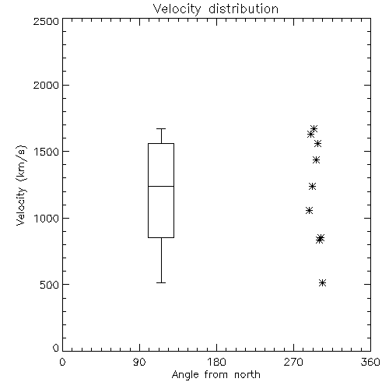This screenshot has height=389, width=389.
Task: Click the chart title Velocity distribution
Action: (x=216, y=9)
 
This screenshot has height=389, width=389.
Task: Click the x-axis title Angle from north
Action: (x=216, y=375)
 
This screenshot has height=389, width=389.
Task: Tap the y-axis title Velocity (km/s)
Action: (x=21, y=185)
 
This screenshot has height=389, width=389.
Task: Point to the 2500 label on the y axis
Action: (x=46, y=21)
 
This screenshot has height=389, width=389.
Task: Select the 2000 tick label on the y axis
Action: (x=46, y=85)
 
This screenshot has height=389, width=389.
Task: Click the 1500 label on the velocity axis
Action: (x=47, y=152)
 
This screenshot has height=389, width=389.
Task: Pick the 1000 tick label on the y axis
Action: (x=47, y=219)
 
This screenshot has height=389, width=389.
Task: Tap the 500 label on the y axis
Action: (x=50, y=285)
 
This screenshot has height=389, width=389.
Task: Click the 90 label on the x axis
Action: (x=139, y=362)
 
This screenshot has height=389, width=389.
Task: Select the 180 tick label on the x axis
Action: (x=216, y=362)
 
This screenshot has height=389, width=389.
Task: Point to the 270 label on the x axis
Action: (x=293, y=362)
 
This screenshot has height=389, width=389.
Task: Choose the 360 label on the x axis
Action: (x=370, y=362)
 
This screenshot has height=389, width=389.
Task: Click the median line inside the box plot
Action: (x=161, y=186)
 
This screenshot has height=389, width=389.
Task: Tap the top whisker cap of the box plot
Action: (x=161, y=128)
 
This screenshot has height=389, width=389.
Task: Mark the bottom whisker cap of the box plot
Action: (x=161, y=282)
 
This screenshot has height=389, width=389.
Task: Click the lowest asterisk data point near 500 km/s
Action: (x=322, y=282)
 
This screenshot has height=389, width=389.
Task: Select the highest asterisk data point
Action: (x=314, y=128)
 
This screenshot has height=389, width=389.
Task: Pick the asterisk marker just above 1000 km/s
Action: (x=309, y=210)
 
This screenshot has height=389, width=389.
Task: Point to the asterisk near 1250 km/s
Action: (x=313, y=186)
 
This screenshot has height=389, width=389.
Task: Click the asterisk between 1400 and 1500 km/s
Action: (x=316, y=159)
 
